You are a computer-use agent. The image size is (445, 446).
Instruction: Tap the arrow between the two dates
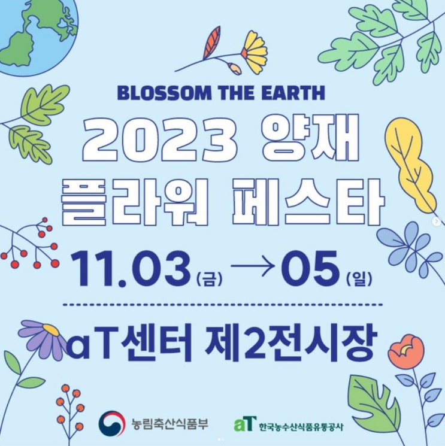pyautogui.click(x=253, y=267)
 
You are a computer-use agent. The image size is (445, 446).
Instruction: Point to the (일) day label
pyautogui.click(x=359, y=279)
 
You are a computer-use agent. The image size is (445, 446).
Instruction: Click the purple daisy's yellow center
pyautogui.click(x=52, y=330)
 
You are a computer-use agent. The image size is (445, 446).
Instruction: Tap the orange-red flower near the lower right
pyautogui.click(x=406, y=351)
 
